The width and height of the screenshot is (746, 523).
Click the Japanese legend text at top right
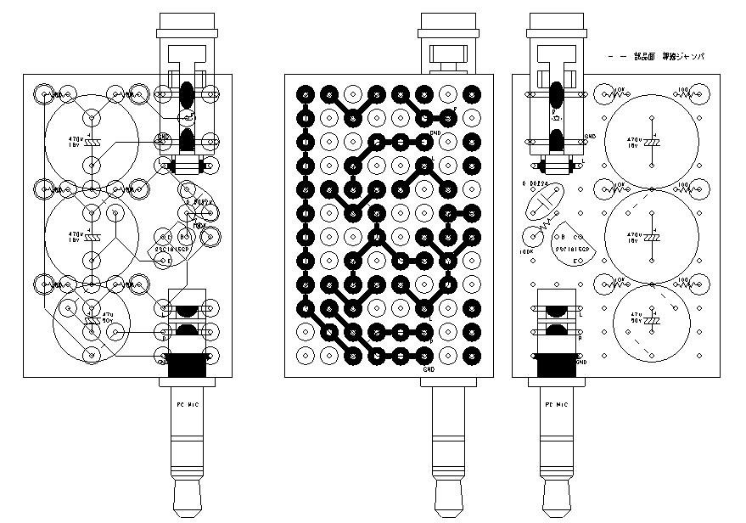pos(670,56)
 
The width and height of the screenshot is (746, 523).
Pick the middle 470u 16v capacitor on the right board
pos(651,234)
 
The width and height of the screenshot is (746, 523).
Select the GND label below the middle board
pos(428,370)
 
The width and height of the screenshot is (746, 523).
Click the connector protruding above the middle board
pos(449,56)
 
